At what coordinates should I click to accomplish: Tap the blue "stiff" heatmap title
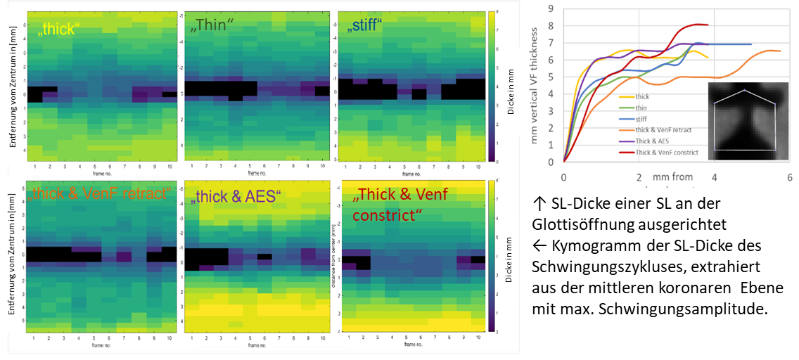point(365,27)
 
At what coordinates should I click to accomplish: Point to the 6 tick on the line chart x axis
point(789,177)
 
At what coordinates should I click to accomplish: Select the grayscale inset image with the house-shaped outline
point(745,120)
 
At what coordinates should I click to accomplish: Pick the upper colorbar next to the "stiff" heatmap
point(492,84)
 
